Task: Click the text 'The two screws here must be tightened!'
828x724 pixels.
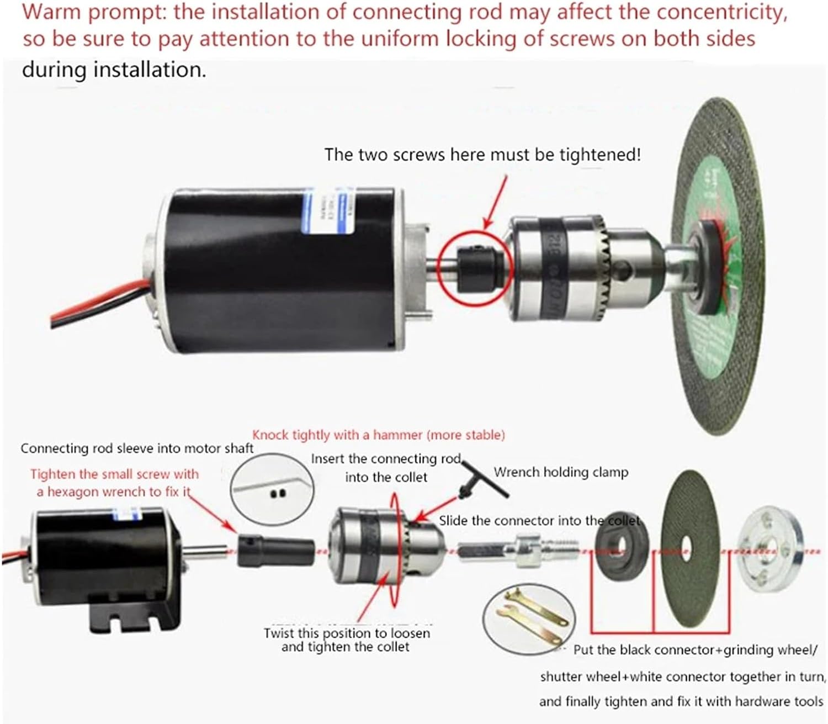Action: point(482,155)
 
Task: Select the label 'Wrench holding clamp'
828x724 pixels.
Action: point(561,472)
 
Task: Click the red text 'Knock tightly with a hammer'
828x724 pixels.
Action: point(378,435)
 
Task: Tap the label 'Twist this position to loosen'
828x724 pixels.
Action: point(346,633)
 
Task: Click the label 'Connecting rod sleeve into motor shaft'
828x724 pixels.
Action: point(137,448)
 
